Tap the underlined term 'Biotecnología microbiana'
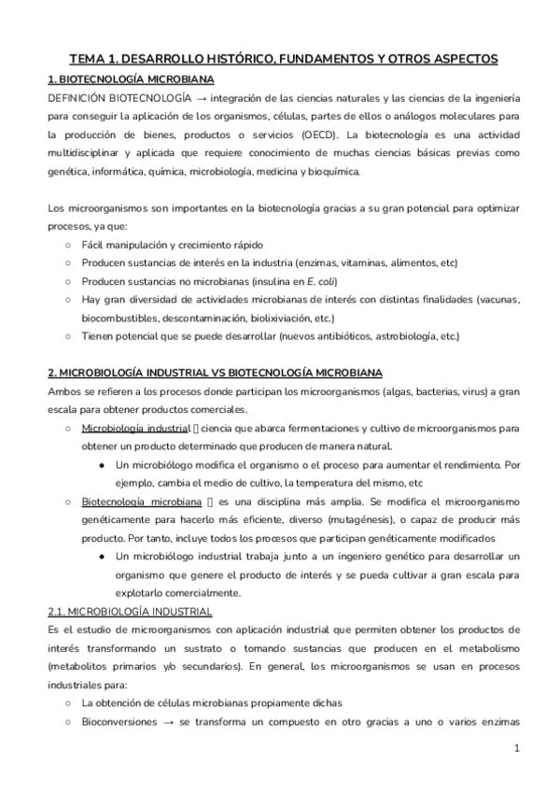point(139,502)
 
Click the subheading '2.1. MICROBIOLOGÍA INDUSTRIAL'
point(130,612)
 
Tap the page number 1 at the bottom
point(517,749)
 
